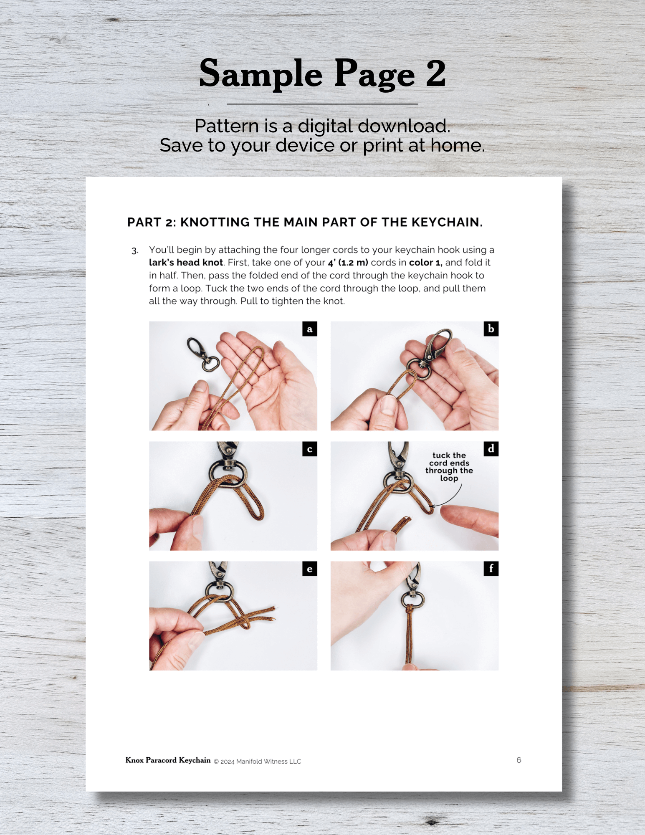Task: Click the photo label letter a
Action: [x=309, y=329]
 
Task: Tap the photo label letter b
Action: [x=491, y=329]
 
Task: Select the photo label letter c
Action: [x=309, y=449]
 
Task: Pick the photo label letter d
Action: [x=491, y=449]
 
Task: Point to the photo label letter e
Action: [x=309, y=569]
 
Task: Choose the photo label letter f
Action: [x=491, y=569]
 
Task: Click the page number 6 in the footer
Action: [x=519, y=760]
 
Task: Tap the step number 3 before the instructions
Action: [x=135, y=251]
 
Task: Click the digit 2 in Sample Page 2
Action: [x=436, y=73]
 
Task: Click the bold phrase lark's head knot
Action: [x=186, y=263]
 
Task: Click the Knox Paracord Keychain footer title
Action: [x=168, y=760]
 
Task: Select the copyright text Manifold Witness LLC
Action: [x=268, y=762]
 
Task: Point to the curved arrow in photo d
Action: [x=451, y=499]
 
